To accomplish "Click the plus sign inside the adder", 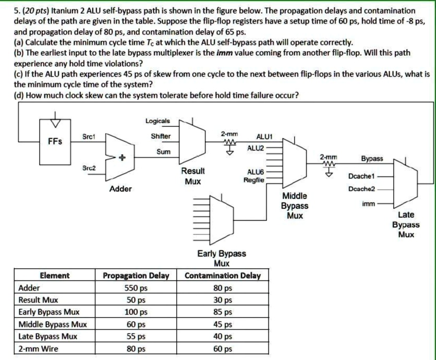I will [124, 155].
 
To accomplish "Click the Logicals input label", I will [157, 121].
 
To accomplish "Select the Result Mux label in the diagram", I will [192, 176].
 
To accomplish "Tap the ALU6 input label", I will [255, 171].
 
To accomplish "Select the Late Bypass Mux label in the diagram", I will [406, 224].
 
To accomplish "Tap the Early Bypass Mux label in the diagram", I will [222, 258].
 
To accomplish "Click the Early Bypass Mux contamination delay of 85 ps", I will [223, 313].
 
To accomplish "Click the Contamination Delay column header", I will [223, 275].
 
